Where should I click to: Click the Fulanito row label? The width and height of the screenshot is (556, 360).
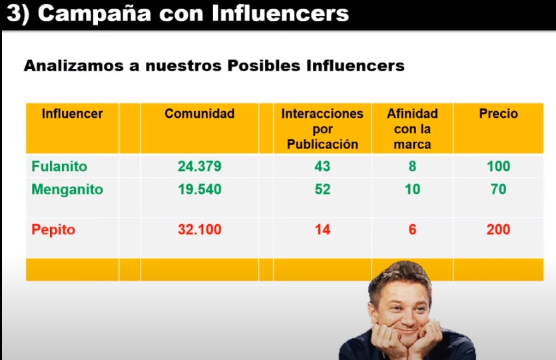pyautogui.click(x=59, y=166)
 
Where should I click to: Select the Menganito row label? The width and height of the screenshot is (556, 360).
pyautogui.click(x=67, y=190)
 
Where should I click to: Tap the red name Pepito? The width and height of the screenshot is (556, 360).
pyautogui.click(x=53, y=230)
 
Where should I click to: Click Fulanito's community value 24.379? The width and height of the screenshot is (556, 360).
pyautogui.click(x=199, y=166)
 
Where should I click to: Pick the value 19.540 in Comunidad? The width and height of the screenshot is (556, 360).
pyautogui.click(x=199, y=190)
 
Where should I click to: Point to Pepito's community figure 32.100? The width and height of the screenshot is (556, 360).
pyautogui.click(x=199, y=230)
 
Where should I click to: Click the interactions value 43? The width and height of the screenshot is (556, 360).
pyautogui.click(x=322, y=166)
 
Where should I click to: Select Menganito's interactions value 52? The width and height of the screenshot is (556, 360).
pyautogui.click(x=322, y=190)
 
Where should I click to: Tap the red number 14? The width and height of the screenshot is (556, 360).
pyautogui.click(x=322, y=230)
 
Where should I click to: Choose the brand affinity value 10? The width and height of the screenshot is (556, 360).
pyautogui.click(x=412, y=190)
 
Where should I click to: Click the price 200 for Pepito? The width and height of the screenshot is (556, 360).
pyautogui.click(x=498, y=230)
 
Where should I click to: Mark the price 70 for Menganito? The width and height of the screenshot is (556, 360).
pyautogui.click(x=498, y=190)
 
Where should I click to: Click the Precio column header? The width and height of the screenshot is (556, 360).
pyautogui.click(x=498, y=114)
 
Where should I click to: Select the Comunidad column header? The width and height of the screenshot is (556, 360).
pyautogui.click(x=199, y=114)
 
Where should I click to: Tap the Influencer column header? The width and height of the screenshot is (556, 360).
pyautogui.click(x=72, y=114)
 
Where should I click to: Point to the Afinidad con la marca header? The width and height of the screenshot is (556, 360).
pyautogui.click(x=412, y=128)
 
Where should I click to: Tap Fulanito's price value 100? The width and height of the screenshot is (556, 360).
pyautogui.click(x=498, y=166)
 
